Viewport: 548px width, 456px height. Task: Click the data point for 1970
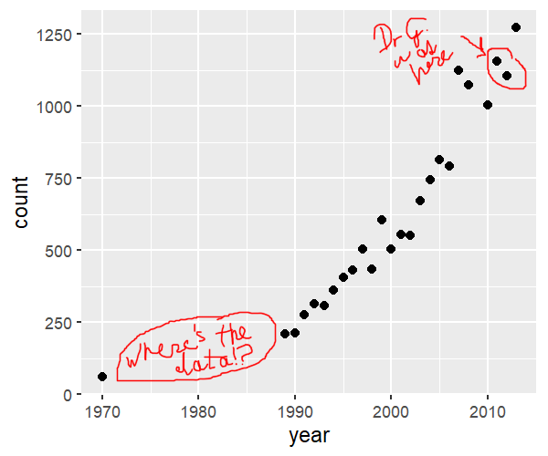(102, 377)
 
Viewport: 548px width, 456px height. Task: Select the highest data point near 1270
(516, 27)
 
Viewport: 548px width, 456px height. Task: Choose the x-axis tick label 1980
(198, 411)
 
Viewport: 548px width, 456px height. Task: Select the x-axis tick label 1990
(294, 411)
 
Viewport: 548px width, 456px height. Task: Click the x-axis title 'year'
(309, 436)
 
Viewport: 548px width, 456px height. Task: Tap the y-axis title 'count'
(21, 203)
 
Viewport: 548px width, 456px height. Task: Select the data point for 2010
(488, 105)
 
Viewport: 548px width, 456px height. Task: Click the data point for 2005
(439, 160)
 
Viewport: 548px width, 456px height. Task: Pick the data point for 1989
(285, 334)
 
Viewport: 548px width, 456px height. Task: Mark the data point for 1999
(381, 220)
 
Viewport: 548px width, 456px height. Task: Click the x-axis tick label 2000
(391, 411)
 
